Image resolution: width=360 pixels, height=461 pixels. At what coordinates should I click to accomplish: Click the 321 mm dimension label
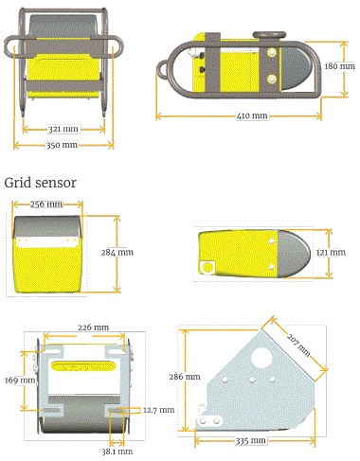63,129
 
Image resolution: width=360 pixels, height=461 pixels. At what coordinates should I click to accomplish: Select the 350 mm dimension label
63,145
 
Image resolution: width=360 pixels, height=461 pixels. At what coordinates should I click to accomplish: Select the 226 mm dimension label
93,328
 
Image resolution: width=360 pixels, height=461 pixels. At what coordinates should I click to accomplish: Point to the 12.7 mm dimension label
158,410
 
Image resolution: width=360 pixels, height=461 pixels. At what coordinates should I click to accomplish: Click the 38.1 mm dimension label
117,452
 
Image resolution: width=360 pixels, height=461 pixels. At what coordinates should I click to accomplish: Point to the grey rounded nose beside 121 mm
301,254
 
